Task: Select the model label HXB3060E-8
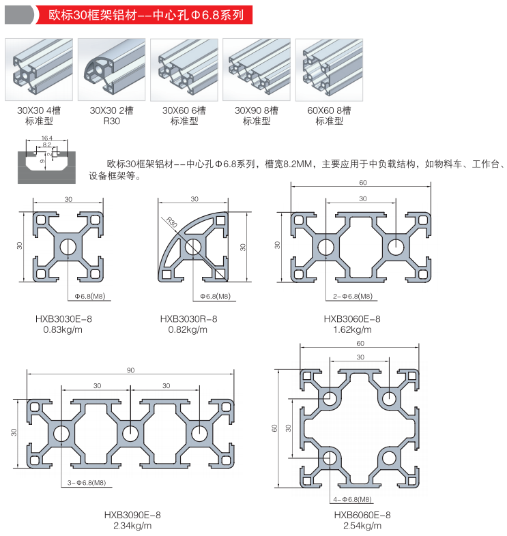coord(352,318)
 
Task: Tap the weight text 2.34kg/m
coord(132,525)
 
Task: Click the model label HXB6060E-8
coord(362,515)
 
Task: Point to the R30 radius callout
coord(171,222)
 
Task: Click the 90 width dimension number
coord(130,370)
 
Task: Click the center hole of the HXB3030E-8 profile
coord(68,246)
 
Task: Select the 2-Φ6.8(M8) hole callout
coord(353,296)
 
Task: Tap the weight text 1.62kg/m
coord(352,329)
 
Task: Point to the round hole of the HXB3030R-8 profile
coord(192,246)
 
